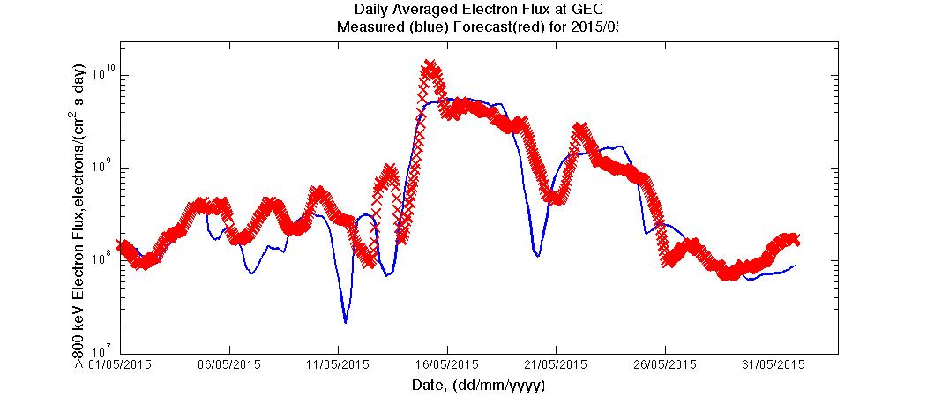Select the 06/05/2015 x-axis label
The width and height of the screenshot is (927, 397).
tap(228, 364)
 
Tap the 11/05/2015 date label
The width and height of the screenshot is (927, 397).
tap(338, 364)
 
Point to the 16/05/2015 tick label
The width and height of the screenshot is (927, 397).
tap(447, 364)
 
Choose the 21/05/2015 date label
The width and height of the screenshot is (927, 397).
tap(557, 364)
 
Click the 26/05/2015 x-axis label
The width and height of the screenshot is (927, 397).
tap(666, 364)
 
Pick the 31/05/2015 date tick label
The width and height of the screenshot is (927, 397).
tap(774, 364)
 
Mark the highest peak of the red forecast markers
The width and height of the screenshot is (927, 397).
tap(430, 68)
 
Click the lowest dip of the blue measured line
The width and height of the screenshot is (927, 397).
tap(346, 322)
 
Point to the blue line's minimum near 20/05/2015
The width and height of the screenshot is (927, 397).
tap(537, 255)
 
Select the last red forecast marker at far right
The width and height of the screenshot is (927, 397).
tap(795, 240)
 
